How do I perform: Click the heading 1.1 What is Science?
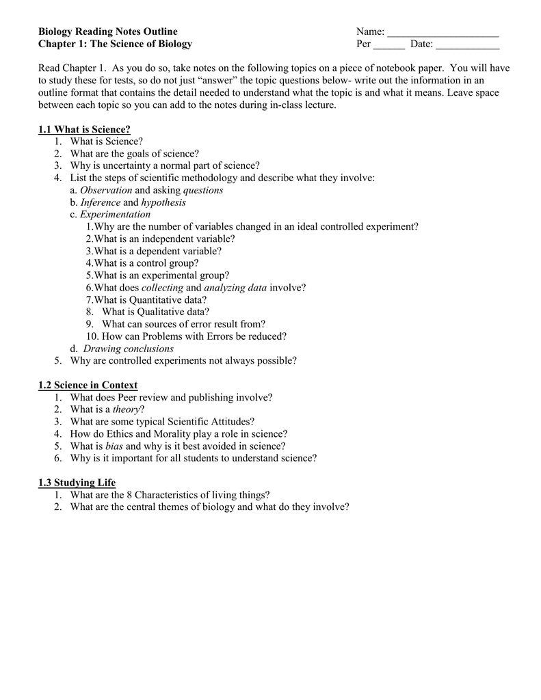point(84,129)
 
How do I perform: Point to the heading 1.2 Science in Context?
point(88,386)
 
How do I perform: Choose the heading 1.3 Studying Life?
point(77,483)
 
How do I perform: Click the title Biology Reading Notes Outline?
point(107,31)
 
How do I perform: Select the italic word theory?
point(126,409)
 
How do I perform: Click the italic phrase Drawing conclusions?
point(129,349)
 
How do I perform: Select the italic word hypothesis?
point(163,202)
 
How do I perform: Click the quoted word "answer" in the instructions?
point(211,81)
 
